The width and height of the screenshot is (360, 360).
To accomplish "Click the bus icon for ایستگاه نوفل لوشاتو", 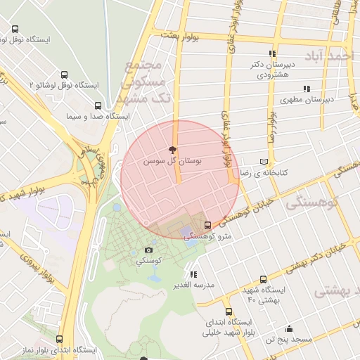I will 15,30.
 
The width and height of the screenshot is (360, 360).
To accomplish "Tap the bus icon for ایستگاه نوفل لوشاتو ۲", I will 65,74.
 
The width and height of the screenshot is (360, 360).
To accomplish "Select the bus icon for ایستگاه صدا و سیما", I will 98,105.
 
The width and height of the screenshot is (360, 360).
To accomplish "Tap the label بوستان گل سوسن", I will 172,162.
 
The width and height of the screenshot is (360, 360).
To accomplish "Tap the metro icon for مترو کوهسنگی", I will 207,225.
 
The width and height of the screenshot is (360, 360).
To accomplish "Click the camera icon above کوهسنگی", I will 149,250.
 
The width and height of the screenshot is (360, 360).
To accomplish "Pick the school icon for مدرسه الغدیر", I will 193,274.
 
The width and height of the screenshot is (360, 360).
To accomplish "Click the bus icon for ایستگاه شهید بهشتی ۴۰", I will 264,279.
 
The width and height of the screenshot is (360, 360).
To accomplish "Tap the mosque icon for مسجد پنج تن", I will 289,329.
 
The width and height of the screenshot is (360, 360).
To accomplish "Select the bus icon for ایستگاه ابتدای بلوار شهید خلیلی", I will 229,311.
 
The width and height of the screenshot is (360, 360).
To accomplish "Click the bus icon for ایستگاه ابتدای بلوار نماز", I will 59,339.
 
